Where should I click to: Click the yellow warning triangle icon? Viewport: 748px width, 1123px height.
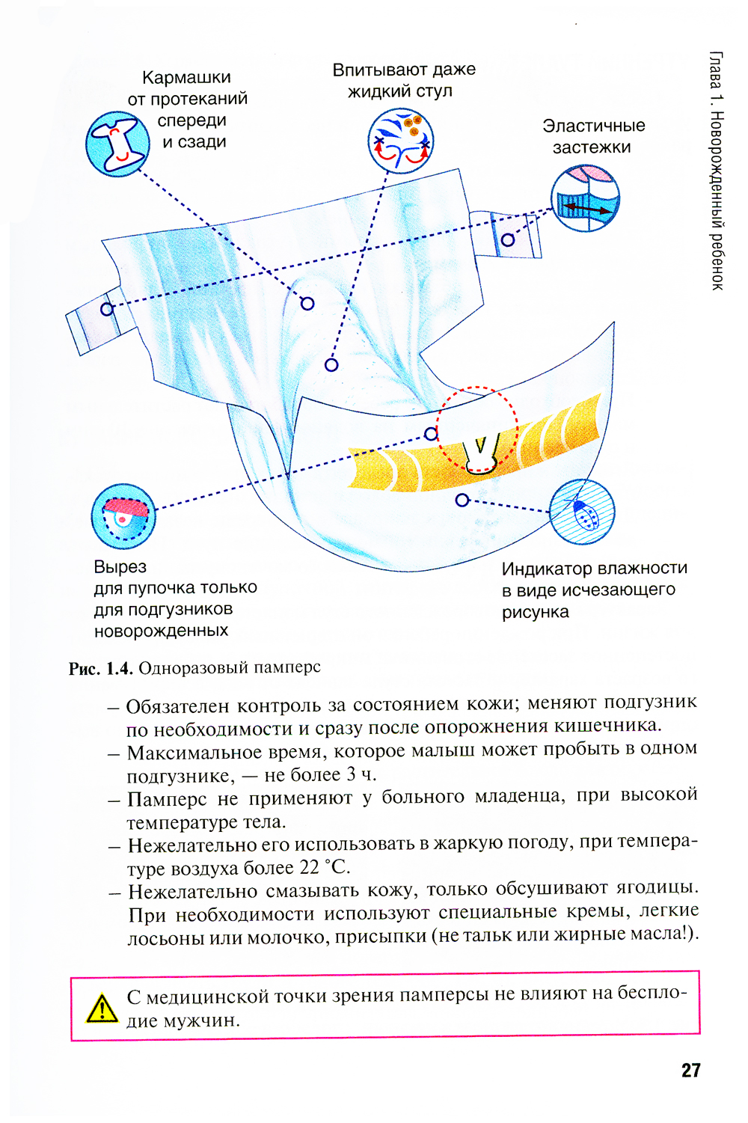(101, 1008)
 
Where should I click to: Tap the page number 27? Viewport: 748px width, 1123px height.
(690, 1070)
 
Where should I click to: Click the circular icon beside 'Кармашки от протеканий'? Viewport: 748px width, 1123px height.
(117, 144)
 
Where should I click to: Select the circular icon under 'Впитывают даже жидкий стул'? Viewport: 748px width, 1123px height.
(401, 140)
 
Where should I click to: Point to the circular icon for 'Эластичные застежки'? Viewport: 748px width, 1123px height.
(585, 198)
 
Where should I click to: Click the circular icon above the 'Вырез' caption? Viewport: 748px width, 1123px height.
(123, 515)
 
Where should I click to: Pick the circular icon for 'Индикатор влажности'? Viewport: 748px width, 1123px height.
(582, 512)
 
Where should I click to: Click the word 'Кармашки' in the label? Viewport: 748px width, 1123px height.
(186, 78)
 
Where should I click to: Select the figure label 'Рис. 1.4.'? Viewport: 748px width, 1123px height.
(100, 669)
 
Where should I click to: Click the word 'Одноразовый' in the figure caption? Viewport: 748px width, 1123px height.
(192, 667)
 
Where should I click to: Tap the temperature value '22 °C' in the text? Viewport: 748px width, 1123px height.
(325, 868)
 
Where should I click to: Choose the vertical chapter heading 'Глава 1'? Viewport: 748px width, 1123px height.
(716, 79)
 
